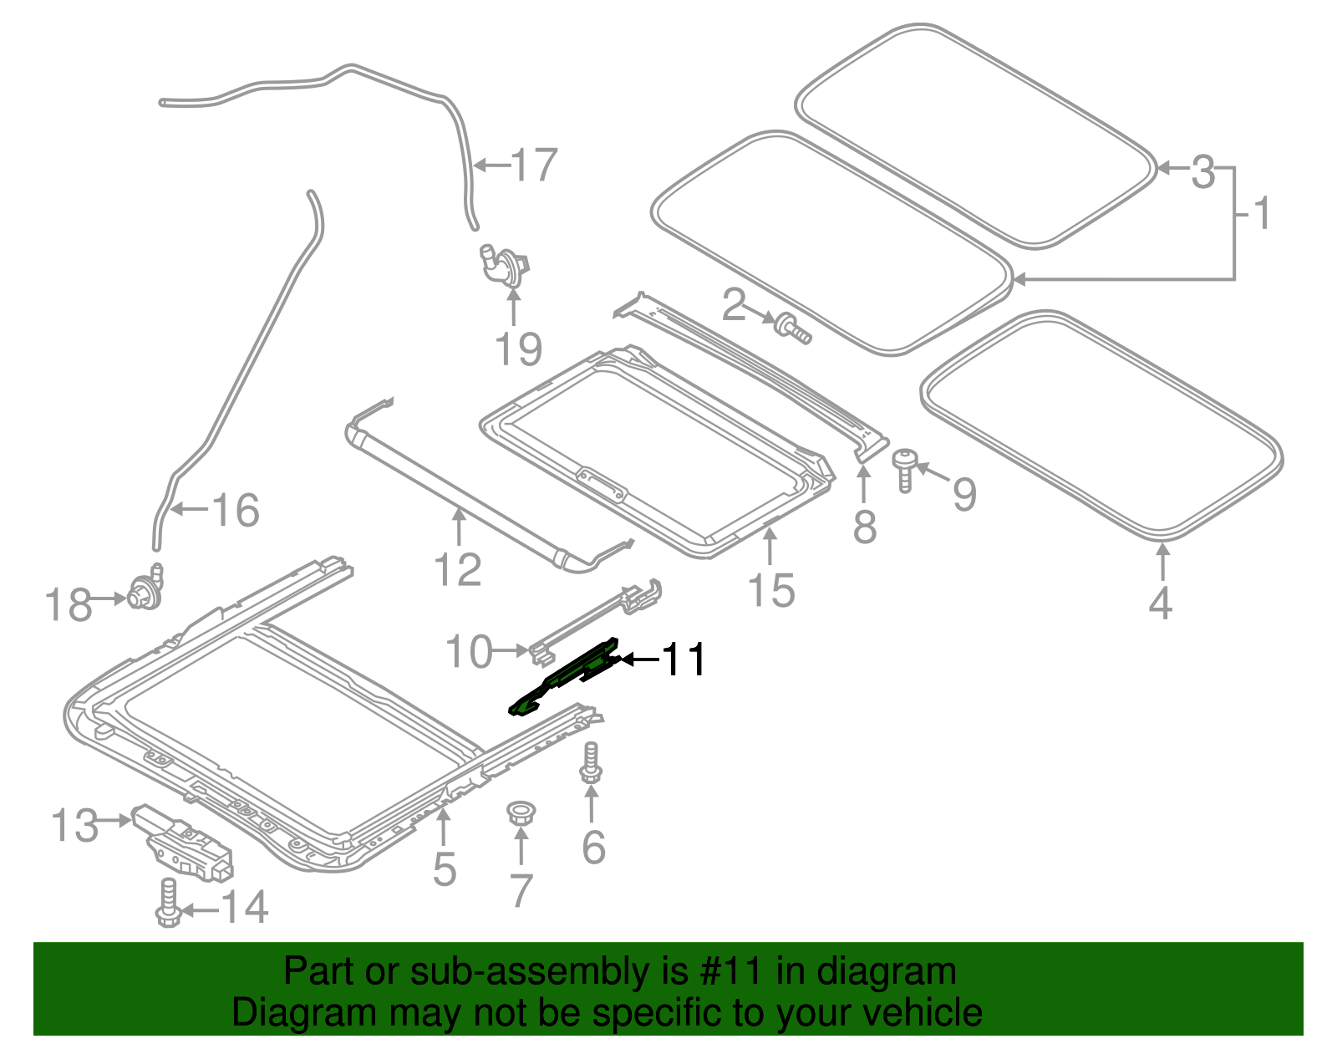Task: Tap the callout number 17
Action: (535, 165)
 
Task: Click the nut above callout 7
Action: (521, 812)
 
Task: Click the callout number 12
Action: (458, 570)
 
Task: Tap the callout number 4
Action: (1160, 603)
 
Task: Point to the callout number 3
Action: (1202, 171)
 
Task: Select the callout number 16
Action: (236, 510)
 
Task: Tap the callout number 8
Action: (865, 527)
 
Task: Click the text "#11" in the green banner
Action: (728, 972)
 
